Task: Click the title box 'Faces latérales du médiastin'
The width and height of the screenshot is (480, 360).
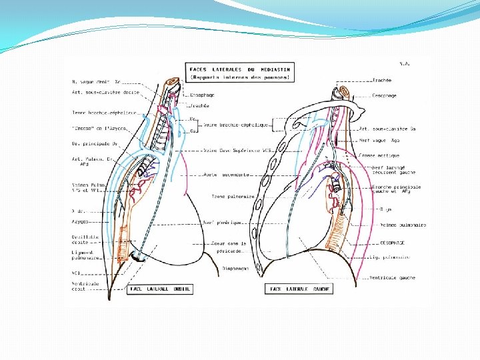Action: coord(241,73)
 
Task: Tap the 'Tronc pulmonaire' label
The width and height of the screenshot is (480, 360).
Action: coord(233,197)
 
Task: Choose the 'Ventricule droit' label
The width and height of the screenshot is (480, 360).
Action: coord(86,286)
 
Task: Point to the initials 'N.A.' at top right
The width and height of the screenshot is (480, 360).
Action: coord(403,64)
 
